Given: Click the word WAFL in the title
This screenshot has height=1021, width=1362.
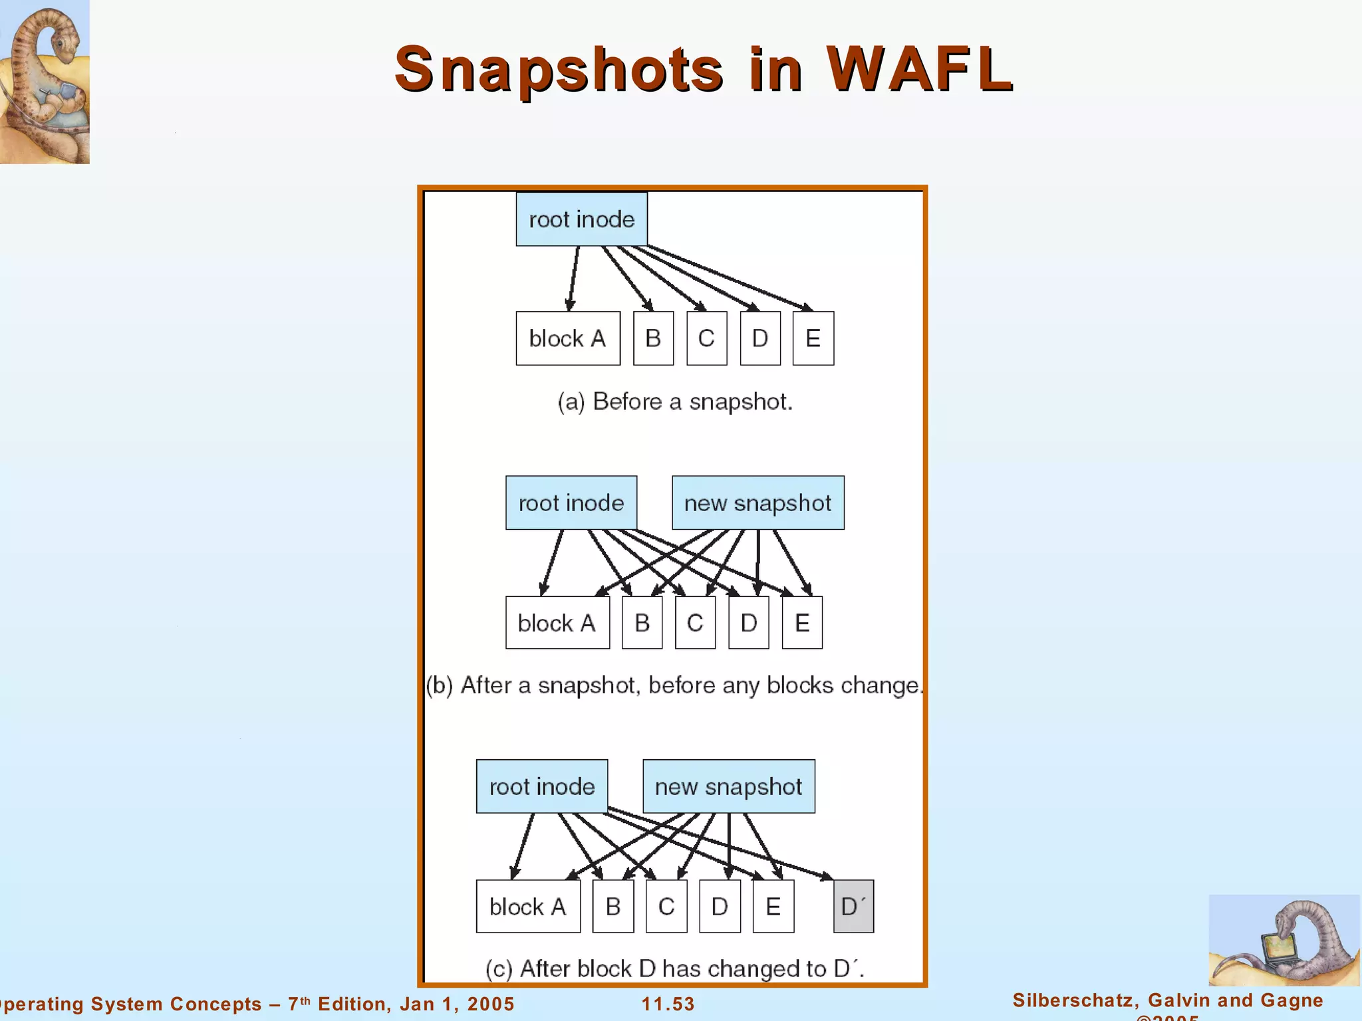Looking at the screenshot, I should (919, 69).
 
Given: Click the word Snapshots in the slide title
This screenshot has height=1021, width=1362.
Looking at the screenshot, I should (559, 70).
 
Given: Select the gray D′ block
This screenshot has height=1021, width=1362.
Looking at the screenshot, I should (853, 907).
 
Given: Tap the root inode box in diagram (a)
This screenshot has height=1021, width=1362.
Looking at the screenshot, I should (581, 219).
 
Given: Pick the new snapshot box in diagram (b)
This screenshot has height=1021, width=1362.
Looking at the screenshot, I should (757, 503).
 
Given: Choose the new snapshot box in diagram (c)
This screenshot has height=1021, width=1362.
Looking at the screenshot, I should (728, 786).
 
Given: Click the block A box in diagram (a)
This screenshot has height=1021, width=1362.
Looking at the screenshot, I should (568, 338).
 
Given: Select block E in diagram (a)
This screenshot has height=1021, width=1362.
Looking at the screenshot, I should (813, 338).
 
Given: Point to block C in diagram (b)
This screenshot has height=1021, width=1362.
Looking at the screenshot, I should (695, 623).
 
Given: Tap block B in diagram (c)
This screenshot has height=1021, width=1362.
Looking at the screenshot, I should (613, 907).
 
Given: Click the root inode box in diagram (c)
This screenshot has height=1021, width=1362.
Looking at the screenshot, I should (542, 786).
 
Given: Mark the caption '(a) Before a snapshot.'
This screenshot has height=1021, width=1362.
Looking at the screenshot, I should (675, 401).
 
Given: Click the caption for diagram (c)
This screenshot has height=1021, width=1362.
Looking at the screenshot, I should (674, 968).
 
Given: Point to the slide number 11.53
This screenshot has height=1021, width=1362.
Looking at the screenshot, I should (668, 1004).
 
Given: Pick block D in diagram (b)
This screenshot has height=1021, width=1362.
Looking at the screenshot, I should (749, 623).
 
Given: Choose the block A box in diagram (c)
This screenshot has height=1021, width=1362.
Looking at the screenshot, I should (528, 907).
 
